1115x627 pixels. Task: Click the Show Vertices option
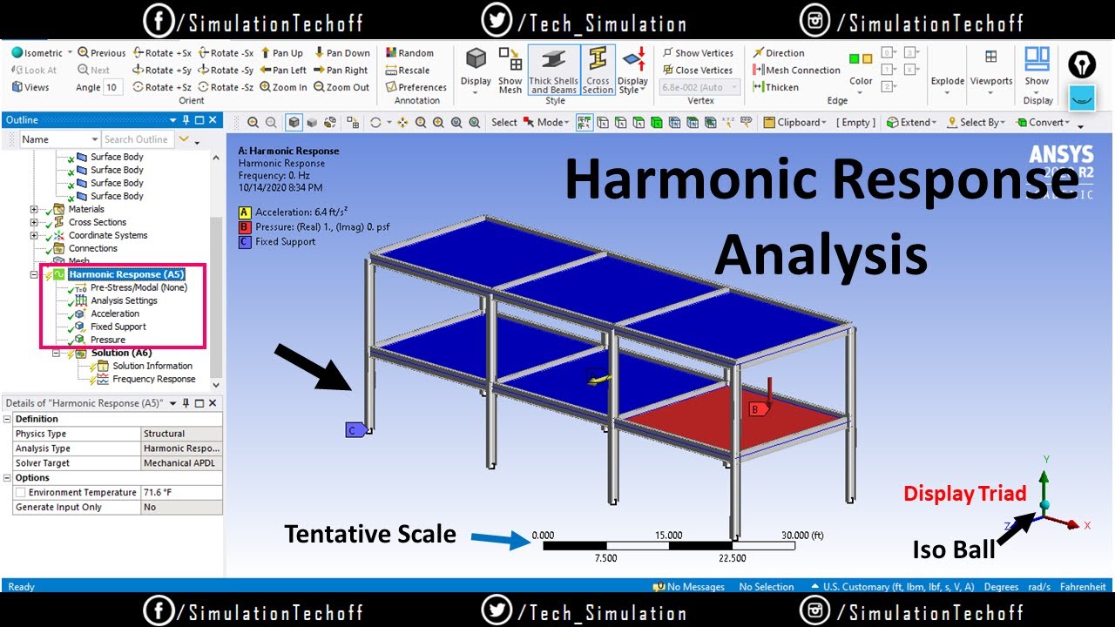coord(698,53)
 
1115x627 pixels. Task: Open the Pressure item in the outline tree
coord(107,340)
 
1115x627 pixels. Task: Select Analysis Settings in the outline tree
coord(124,300)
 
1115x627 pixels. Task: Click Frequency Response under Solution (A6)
coord(153,379)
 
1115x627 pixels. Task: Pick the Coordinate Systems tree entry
coord(108,235)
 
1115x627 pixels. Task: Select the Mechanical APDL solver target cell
coord(179,463)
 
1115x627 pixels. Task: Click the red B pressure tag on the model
coord(758,409)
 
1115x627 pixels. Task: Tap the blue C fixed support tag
coord(355,429)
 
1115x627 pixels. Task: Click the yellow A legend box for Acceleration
coord(245,212)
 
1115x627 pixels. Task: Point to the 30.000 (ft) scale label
coord(802,536)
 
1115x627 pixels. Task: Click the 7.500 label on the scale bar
coord(605,558)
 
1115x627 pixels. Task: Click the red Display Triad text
coord(964,494)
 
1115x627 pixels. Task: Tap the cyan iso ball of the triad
coord(1045,505)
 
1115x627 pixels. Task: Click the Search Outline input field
coord(137,139)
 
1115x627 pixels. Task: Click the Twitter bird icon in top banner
coord(496,22)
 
